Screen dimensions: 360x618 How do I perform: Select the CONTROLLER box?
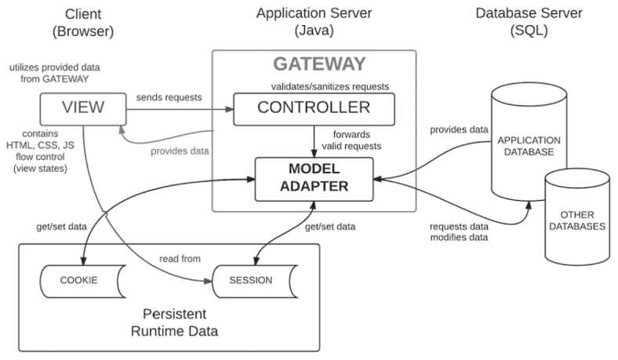[313, 107]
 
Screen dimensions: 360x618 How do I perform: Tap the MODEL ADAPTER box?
[313, 179]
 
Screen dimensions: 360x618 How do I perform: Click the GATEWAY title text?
[318, 64]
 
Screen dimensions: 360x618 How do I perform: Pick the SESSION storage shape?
[252, 280]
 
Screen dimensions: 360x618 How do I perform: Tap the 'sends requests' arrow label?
[169, 98]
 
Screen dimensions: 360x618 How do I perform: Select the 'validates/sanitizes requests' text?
[323, 85]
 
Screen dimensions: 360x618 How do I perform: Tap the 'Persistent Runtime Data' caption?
[173, 324]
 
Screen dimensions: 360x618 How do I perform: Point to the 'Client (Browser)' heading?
[82, 23]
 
